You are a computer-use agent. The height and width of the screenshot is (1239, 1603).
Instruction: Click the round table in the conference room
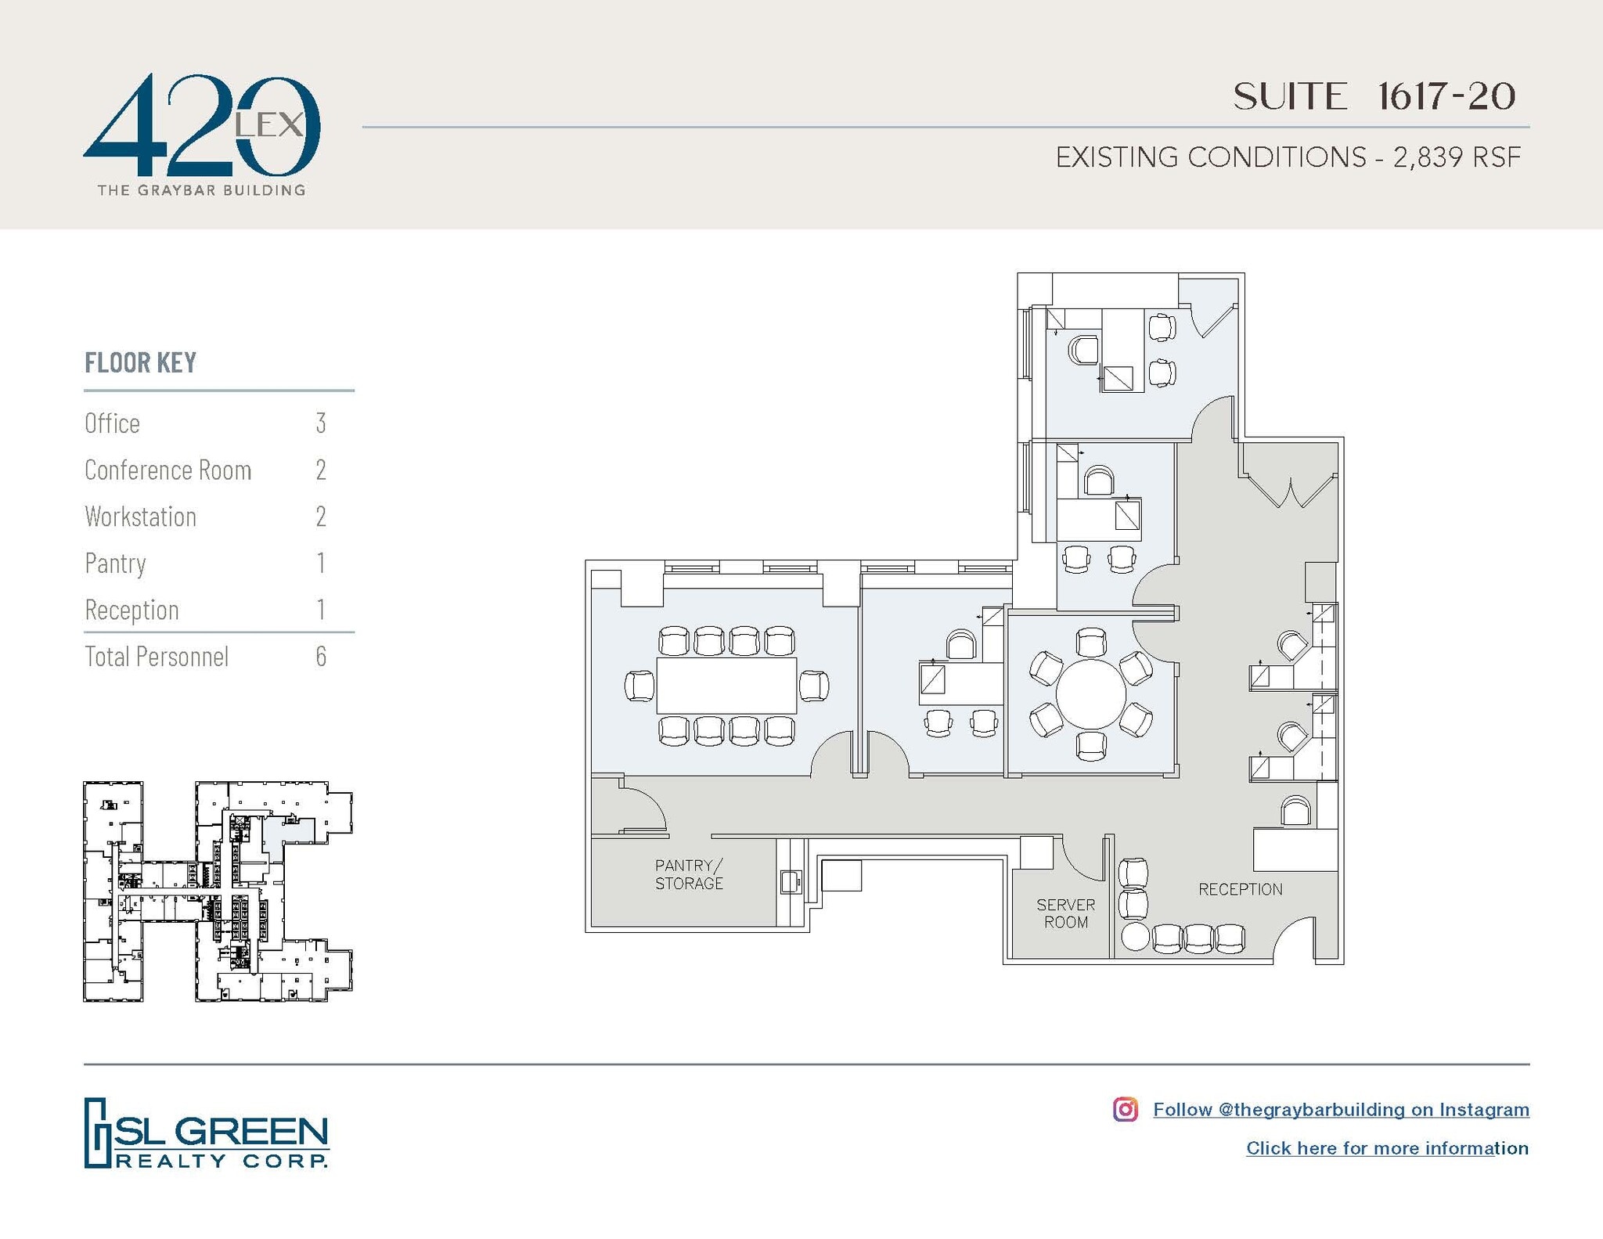(x=1090, y=693)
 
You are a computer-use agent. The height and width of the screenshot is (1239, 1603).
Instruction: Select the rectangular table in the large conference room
(x=726, y=686)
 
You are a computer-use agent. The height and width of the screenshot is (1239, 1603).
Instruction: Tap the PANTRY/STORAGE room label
(x=689, y=874)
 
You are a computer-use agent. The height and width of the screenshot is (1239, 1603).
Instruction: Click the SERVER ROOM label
(x=1065, y=913)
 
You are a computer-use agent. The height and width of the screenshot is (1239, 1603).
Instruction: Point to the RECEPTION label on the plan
(x=1240, y=889)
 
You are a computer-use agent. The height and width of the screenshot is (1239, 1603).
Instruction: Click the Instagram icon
(x=1125, y=1109)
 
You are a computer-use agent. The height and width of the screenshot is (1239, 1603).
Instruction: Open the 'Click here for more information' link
(x=1386, y=1148)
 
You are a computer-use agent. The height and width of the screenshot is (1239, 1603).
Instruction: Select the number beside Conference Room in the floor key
(x=320, y=470)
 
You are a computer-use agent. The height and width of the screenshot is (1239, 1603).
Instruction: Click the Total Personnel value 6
(x=320, y=656)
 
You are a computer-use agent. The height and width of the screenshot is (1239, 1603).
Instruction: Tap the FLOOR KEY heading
(x=140, y=363)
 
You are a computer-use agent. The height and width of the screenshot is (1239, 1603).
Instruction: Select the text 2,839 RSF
(x=1456, y=157)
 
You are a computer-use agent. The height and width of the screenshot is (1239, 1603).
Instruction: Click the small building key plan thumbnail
(x=218, y=891)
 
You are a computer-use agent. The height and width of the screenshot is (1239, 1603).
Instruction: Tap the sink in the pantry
(x=791, y=881)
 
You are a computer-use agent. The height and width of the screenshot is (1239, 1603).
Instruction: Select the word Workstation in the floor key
(x=140, y=517)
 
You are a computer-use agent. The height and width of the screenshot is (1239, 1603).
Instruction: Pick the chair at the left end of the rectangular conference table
(x=640, y=686)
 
